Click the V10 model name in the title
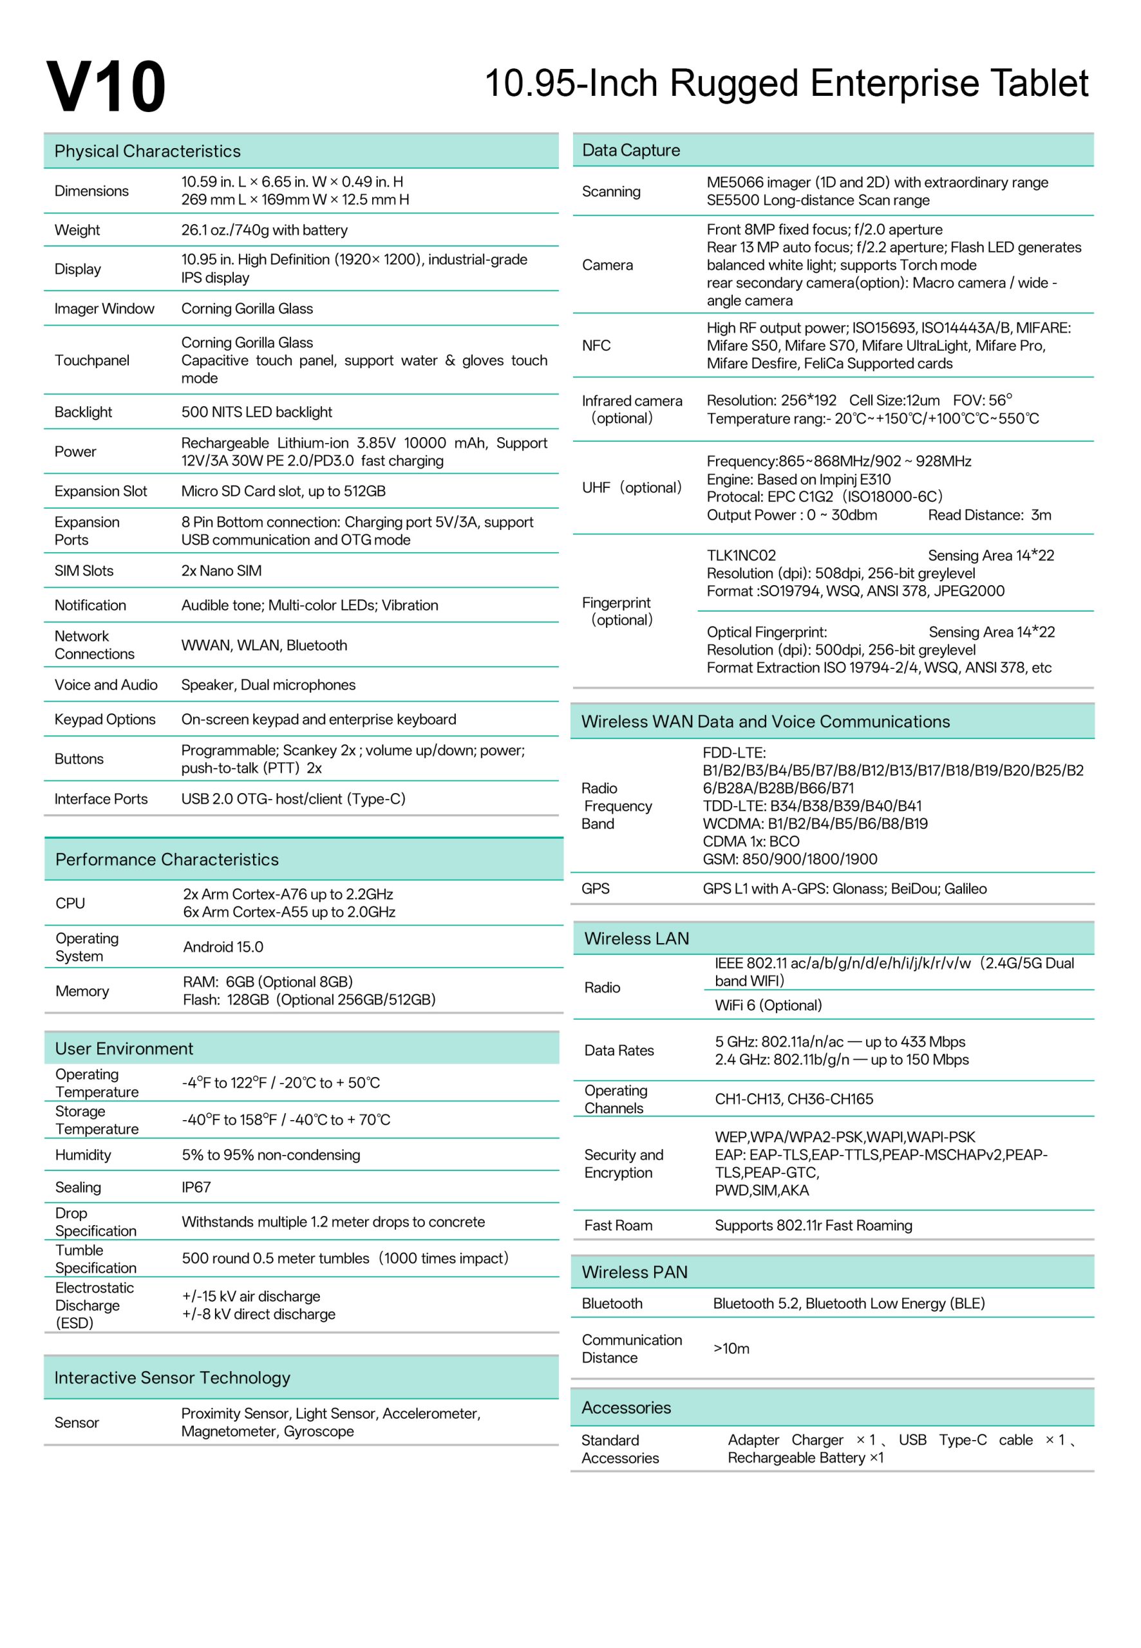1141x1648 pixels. pyautogui.click(x=106, y=87)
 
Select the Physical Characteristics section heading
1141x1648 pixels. pyautogui.click(x=147, y=151)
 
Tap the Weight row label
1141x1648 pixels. pyautogui.click(x=77, y=230)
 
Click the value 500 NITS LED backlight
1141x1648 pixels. pyautogui.click(x=257, y=413)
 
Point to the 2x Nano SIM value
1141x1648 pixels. pyautogui.click(x=222, y=571)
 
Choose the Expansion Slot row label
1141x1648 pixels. pyautogui.click(x=101, y=492)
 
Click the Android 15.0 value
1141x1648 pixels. pyautogui.click(x=223, y=948)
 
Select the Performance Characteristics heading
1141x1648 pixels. pyautogui.click(x=167, y=860)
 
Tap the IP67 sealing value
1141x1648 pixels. pyautogui.click(x=196, y=1188)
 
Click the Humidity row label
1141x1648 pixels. pyautogui.click(x=83, y=1156)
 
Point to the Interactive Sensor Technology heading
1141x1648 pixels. pyautogui.click(x=173, y=1378)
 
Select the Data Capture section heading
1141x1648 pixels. pyautogui.click(x=631, y=151)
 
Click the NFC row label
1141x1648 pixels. pyautogui.click(x=596, y=346)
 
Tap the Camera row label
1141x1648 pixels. pyautogui.click(x=608, y=265)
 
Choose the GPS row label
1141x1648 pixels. pyautogui.click(x=596, y=889)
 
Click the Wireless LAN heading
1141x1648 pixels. pyautogui.click(x=636, y=939)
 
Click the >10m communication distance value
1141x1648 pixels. pyautogui.click(x=731, y=1349)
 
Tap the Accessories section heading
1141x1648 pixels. pyautogui.click(x=627, y=1408)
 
